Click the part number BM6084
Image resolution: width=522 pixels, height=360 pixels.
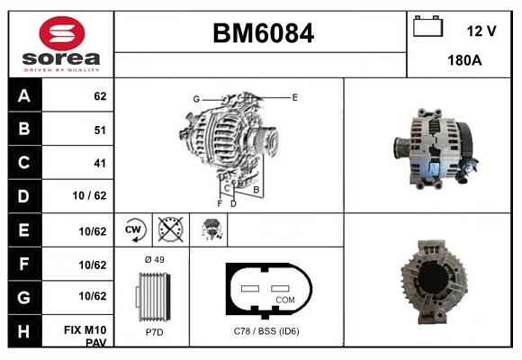[x=263, y=33]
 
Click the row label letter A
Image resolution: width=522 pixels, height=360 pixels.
[x=24, y=95]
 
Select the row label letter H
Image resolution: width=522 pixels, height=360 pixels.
[x=24, y=331]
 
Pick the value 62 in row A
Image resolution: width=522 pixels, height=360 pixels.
[x=100, y=95]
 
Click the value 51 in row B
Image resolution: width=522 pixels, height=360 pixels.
[x=100, y=130]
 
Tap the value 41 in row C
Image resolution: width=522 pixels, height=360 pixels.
[x=100, y=163]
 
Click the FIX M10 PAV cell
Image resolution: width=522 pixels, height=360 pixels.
[x=88, y=337]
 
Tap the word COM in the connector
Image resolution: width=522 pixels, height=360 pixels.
[x=284, y=300]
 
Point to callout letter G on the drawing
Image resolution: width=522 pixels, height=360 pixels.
[x=195, y=98]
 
